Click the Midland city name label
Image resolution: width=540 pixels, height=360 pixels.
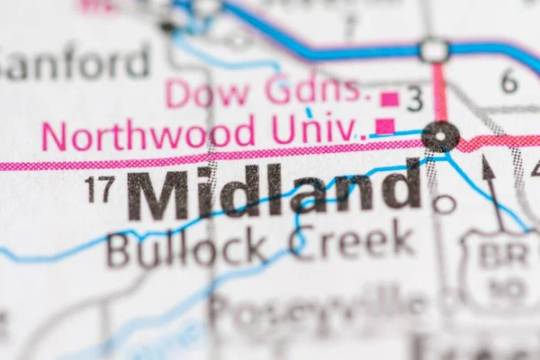pos(274,192)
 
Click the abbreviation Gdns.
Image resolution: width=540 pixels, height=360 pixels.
pos(316,89)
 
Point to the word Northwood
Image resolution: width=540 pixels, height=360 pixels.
pos(148,135)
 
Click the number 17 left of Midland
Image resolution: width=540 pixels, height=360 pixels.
pos(99,189)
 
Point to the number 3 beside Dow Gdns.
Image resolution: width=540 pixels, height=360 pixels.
pos(415,99)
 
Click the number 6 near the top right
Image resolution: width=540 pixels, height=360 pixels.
pos(509,81)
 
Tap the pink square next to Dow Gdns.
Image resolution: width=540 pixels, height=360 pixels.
pos(390,98)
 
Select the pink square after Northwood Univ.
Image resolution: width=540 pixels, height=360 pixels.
pos(384,126)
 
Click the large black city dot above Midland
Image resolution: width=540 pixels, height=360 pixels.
pos(440,137)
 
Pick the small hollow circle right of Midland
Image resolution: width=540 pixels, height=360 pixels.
pos(444,203)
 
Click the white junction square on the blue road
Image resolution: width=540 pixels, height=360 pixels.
pos(435,50)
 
